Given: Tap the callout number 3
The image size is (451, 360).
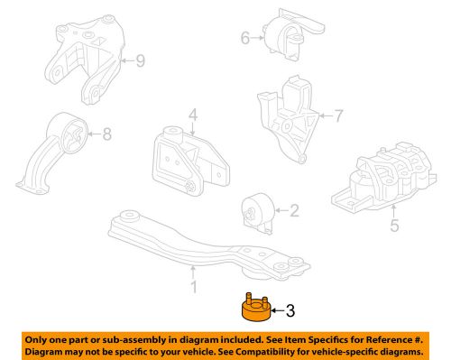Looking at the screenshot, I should tap(290, 312).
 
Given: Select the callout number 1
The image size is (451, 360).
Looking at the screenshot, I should tap(192, 289).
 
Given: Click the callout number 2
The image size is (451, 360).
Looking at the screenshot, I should tap(293, 211).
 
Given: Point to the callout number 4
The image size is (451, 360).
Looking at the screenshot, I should tap(192, 115).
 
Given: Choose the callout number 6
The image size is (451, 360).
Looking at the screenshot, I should tap(244, 38).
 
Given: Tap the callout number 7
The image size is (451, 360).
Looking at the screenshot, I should tap(339, 116).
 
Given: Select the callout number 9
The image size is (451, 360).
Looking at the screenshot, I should tap(139, 61).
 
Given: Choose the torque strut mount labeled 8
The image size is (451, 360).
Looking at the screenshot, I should tap(59, 153).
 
